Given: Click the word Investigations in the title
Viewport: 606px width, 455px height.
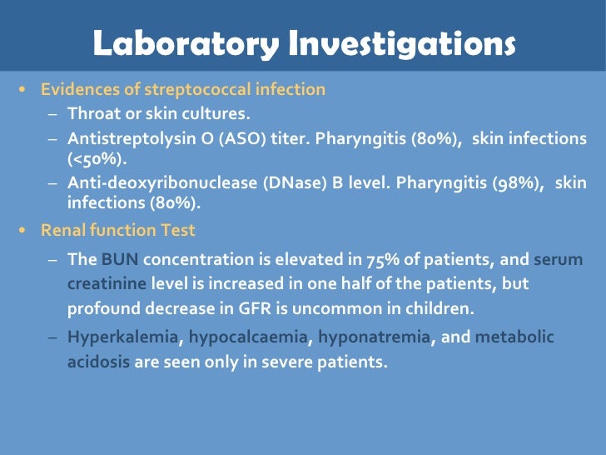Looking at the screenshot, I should [400, 44].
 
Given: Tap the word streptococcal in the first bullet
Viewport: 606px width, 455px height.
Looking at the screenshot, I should [219, 89].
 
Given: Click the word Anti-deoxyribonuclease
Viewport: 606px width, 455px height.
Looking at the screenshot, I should [151, 183].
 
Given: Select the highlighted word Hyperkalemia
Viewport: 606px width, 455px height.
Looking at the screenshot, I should [122, 338].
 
